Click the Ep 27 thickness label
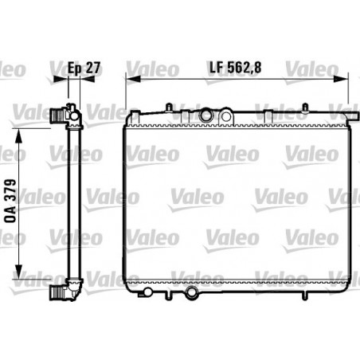pyautogui.click(x=84, y=68)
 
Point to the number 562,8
pyautogui.click(x=247, y=68)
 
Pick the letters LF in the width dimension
pyautogui.click(x=215, y=68)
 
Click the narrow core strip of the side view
pyautogui.click(x=70, y=203)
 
